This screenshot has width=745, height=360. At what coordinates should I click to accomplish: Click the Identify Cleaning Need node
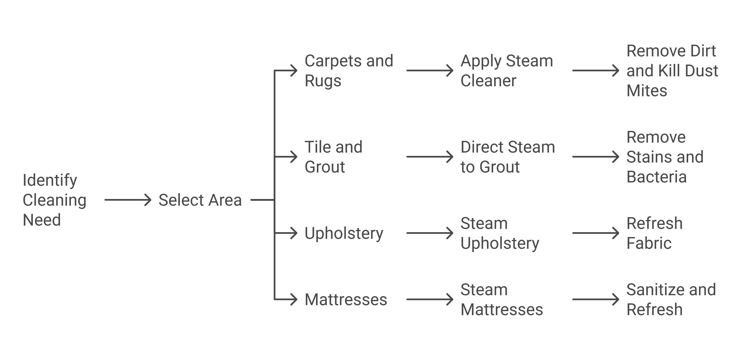click(54, 200)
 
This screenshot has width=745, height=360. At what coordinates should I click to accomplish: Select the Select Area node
click(200, 200)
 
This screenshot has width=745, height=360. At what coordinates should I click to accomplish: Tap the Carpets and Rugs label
click(348, 71)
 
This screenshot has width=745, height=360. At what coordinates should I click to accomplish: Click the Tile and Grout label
click(333, 157)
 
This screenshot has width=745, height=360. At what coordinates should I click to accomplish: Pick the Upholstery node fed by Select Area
click(344, 233)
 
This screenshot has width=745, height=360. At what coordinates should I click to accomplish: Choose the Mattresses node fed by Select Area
click(346, 299)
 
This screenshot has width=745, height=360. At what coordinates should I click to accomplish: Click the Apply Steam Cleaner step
click(506, 71)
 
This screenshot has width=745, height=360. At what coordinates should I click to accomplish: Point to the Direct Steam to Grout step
click(508, 157)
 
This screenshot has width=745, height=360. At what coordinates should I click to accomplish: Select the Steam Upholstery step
click(499, 233)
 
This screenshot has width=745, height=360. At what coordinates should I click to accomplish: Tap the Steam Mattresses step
click(501, 299)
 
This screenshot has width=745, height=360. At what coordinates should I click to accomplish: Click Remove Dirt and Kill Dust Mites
click(672, 71)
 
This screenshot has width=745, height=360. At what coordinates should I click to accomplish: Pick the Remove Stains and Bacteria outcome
click(665, 157)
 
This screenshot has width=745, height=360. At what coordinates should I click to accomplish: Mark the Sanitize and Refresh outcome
click(671, 299)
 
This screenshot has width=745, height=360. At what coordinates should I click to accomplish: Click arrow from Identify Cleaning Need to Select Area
click(128, 200)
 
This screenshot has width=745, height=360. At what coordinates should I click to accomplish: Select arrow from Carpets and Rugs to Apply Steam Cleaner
click(430, 71)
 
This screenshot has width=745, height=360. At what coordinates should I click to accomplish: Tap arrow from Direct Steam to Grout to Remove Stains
click(595, 157)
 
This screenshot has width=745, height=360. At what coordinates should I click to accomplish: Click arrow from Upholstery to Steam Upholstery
click(430, 233)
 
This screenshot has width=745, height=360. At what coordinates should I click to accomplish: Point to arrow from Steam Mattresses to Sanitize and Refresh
click(595, 299)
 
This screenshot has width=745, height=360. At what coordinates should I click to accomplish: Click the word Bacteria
click(656, 177)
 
